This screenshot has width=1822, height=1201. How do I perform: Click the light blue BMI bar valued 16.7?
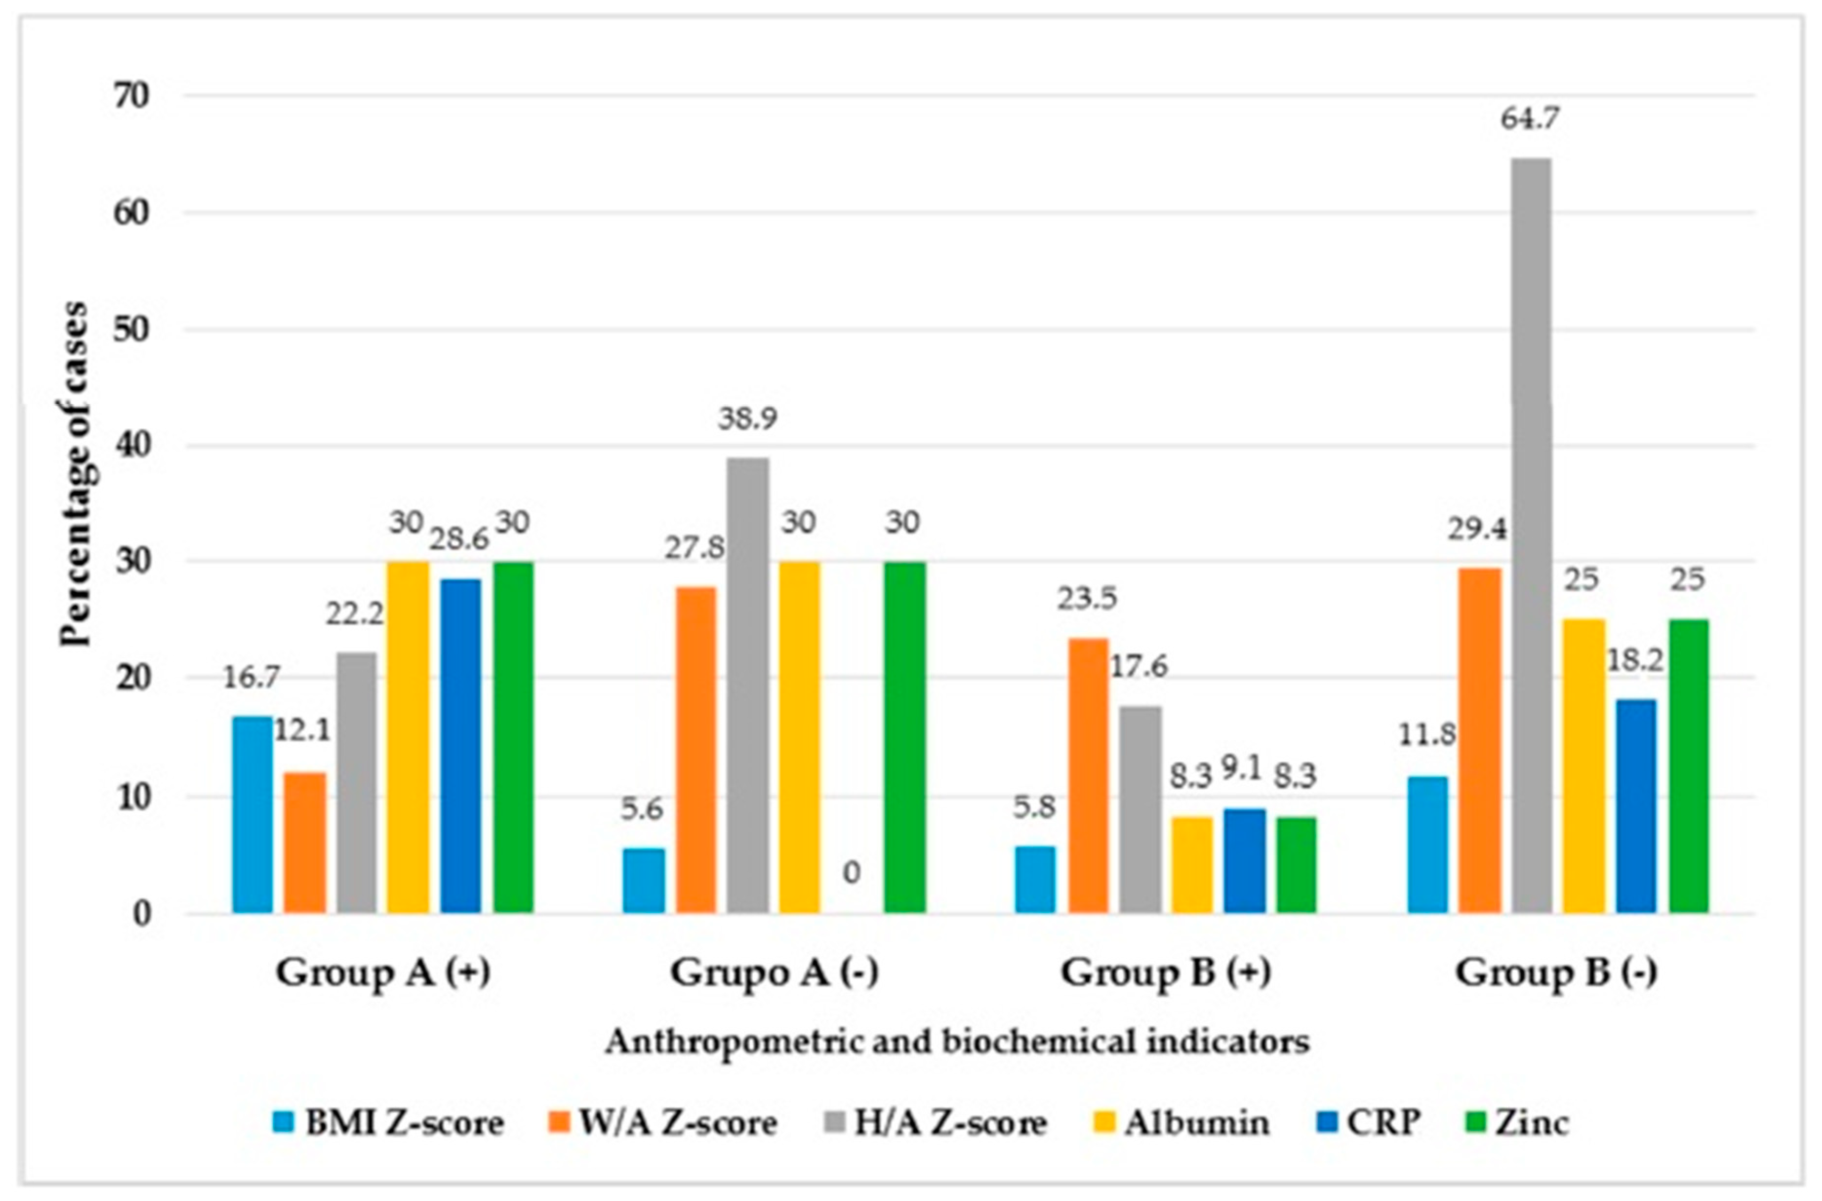tap(252, 814)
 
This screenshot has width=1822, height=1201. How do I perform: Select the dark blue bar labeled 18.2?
tap(1636, 806)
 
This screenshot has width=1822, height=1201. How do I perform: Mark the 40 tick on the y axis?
tap(133, 446)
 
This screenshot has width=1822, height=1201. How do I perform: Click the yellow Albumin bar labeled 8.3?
tap(1192, 865)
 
